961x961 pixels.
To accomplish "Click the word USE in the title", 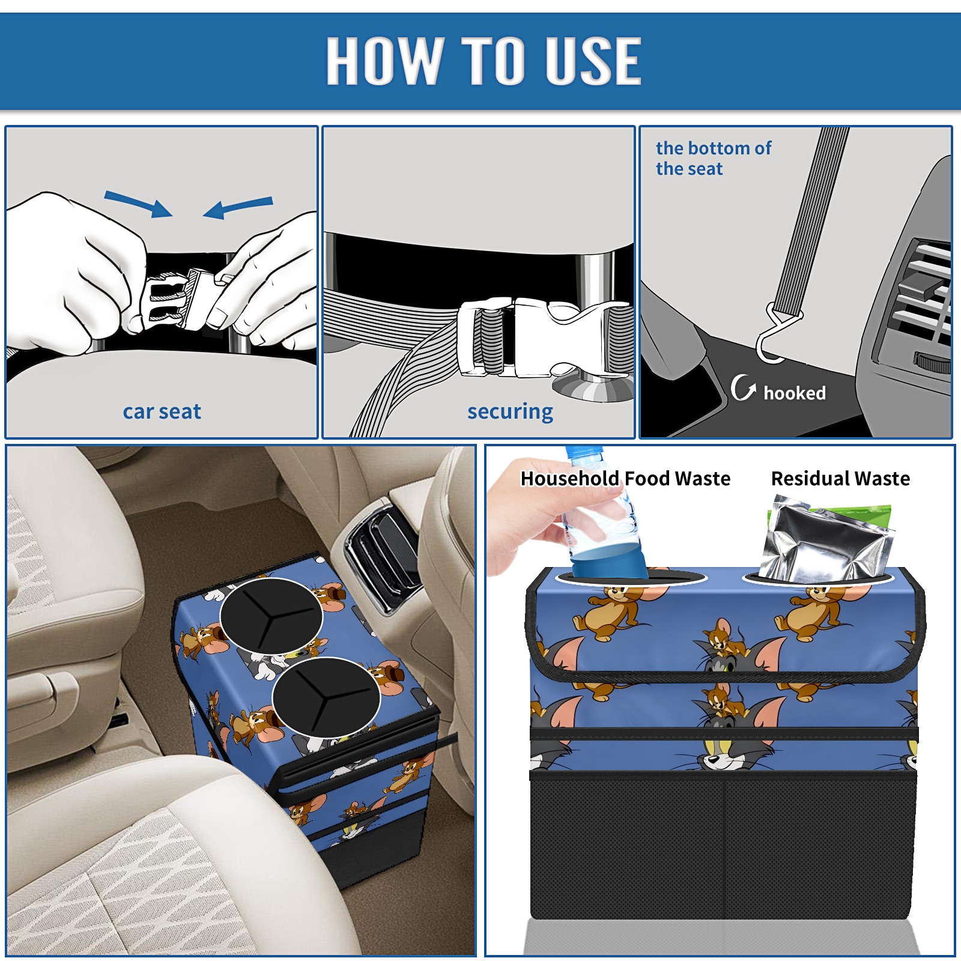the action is (x=593, y=60).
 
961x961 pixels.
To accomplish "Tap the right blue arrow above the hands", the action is (x=238, y=207).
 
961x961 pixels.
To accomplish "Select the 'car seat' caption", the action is (x=162, y=411).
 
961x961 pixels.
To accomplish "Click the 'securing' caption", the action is (x=510, y=412).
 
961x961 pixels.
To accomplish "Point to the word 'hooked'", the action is (x=795, y=393).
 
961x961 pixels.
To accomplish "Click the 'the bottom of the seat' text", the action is (x=713, y=159).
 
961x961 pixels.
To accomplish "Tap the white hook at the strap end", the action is (x=777, y=335).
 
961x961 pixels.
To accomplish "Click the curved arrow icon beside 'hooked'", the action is (x=742, y=388).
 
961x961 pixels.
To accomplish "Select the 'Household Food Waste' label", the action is (x=625, y=479).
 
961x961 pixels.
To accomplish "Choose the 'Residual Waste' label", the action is (x=840, y=479).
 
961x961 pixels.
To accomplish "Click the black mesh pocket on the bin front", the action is (x=723, y=847).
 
